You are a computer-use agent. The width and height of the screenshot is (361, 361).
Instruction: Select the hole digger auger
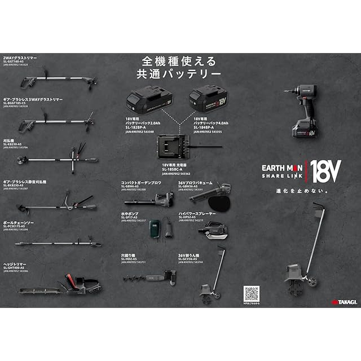coord(151,276)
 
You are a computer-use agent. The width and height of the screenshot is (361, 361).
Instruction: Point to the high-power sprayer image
coord(217,230)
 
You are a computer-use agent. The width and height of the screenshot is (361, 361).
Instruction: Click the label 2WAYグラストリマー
coord(20,58)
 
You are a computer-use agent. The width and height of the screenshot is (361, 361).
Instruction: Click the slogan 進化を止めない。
coord(308,191)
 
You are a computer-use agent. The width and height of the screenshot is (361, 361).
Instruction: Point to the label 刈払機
coord(10,140)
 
